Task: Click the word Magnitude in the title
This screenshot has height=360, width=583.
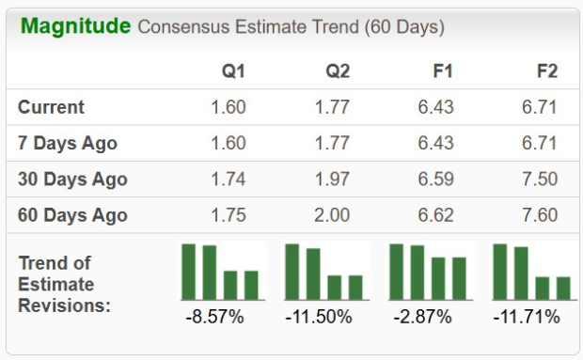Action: [75, 26]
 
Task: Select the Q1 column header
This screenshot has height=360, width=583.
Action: [233, 70]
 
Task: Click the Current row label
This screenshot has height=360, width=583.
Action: [51, 107]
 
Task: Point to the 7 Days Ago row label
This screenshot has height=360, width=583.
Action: [68, 143]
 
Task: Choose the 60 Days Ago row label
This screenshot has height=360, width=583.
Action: [72, 215]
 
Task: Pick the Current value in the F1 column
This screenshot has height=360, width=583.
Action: [435, 107]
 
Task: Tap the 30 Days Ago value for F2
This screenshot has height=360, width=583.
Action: [539, 180]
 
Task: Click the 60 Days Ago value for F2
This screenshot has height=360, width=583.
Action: [539, 215]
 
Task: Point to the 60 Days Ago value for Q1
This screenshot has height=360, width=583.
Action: [228, 215]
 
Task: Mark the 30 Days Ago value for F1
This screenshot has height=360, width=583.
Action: [435, 180]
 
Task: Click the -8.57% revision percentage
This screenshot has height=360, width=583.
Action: [215, 317]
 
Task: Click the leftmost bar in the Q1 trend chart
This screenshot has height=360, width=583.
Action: [189, 271]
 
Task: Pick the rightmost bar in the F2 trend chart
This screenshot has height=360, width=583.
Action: [563, 287]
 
